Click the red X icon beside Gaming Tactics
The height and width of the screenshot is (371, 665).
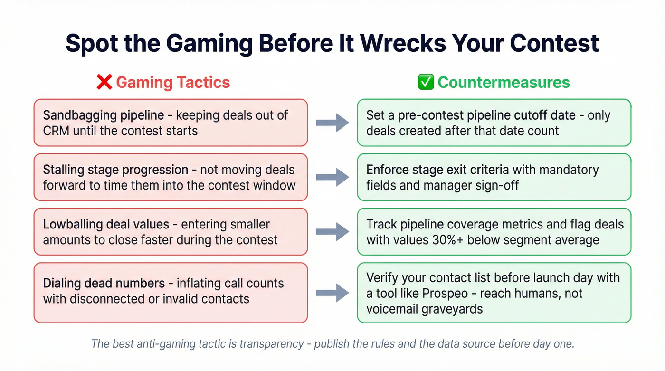104,82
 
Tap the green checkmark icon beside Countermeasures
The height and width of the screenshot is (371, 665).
425,82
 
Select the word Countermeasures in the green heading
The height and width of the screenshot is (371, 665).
503,82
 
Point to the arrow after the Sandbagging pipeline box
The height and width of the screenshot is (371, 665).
332,123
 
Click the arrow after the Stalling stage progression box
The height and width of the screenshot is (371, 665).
332,177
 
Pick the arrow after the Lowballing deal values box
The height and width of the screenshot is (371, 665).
332,232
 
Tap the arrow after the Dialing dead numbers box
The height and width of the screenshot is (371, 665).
332,293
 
